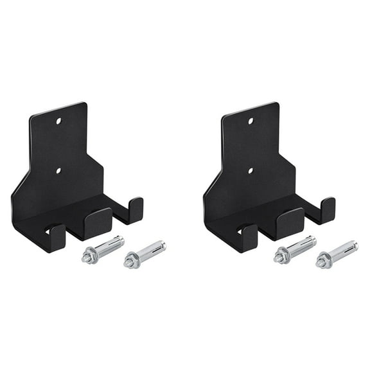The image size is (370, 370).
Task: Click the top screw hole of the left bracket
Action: coord(58,120)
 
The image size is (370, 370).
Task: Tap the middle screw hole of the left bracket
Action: coord(58,171)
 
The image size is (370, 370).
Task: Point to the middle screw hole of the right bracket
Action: coord(251,171)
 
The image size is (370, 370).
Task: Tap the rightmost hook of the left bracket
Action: coord(135,209)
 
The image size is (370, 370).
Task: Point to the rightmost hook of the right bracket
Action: coord(327,209)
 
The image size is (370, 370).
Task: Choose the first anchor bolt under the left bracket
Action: coord(102,249)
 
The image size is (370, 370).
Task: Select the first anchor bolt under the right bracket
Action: coord(294,249)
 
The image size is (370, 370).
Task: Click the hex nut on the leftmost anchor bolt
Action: coord(88,257)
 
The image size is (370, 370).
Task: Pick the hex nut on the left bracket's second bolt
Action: coord(131,262)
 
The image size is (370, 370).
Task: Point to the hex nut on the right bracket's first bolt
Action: coord(280,257)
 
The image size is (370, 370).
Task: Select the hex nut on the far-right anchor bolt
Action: coord(323,262)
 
